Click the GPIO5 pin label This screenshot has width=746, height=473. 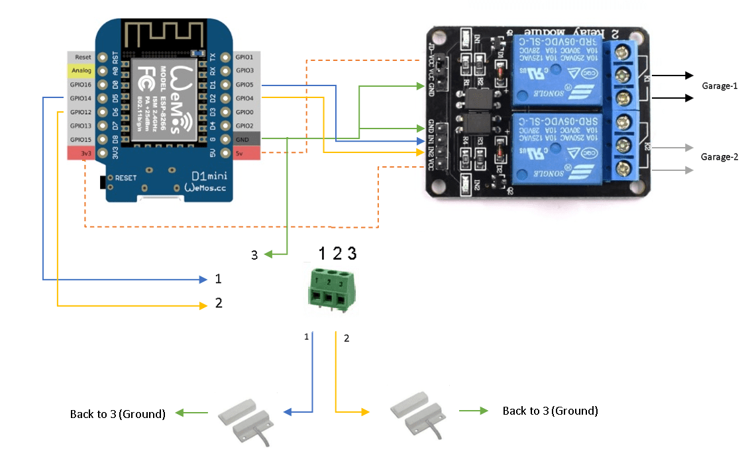[246, 85]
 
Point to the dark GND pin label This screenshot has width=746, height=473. [246, 140]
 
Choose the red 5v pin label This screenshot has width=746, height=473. [246, 154]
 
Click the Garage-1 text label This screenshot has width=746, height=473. [719, 86]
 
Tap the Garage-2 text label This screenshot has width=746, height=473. [719, 157]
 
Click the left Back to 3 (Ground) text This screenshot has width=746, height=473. [117, 414]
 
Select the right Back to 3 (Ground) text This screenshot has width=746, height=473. [550, 411]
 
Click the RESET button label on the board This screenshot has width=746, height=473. [126, 178]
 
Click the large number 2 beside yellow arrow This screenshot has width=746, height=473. [219, 303]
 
